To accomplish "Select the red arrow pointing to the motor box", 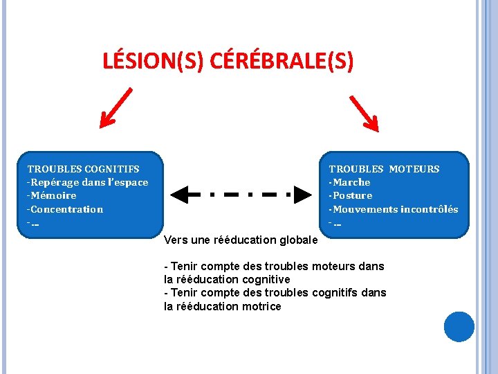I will click(x=365, y=112).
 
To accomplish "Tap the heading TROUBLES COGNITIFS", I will click(x=83, y=168).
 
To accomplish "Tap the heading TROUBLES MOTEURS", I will click(x=384, y=168).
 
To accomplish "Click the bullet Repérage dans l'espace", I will click(x=89, y=182).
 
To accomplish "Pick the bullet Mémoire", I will click(x=53, y=195).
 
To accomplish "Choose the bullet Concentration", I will click(x=66, y=209).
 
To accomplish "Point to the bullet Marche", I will click(x=351, y=182).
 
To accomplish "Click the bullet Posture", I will click(x=351, y=195).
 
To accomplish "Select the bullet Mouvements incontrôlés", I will click(x=394, y=209).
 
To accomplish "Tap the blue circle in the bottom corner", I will click(x=459, y=326).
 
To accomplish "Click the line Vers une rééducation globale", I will click(x=241, y=240).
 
